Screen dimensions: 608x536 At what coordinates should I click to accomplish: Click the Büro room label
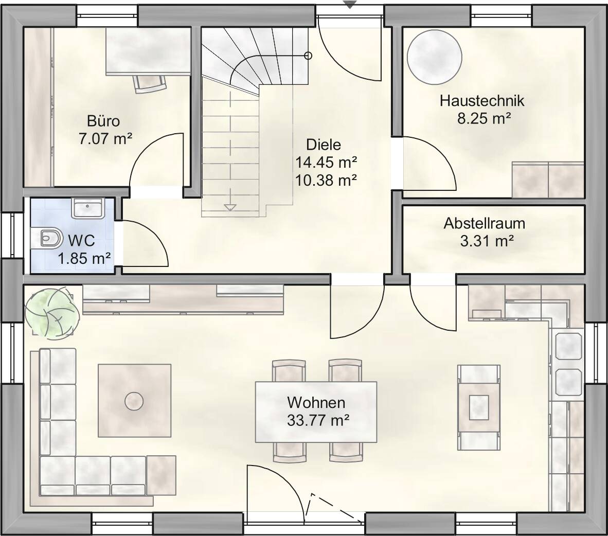point(103,120)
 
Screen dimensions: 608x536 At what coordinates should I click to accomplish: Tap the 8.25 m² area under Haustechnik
point(484,118)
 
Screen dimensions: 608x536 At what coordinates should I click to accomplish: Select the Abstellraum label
point(485,223)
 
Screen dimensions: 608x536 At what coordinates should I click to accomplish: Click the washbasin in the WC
point(87,208)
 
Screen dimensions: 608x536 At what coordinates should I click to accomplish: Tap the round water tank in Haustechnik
point(434,57)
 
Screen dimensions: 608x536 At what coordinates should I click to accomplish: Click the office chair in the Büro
point(149,84)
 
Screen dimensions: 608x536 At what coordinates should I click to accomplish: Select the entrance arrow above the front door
point(350,5)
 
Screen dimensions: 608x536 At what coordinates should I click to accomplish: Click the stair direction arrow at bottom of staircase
point(230,207)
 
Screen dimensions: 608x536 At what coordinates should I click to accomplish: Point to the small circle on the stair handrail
point(308,56)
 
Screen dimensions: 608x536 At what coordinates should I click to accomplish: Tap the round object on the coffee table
point(134,401)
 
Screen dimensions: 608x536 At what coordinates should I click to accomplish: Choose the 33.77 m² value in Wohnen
point(318,420)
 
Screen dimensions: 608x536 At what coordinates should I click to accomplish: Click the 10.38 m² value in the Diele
point(326,180)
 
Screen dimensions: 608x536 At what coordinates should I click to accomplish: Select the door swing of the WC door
point(146,243)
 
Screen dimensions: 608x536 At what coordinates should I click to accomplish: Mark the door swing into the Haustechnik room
point(429,163)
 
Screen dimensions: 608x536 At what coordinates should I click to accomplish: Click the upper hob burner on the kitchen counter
point(568,346)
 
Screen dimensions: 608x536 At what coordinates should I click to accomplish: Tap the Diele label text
point(324,145)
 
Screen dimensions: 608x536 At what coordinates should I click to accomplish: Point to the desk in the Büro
point(148,51)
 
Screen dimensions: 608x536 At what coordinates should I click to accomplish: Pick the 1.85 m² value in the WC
point(84,258)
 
